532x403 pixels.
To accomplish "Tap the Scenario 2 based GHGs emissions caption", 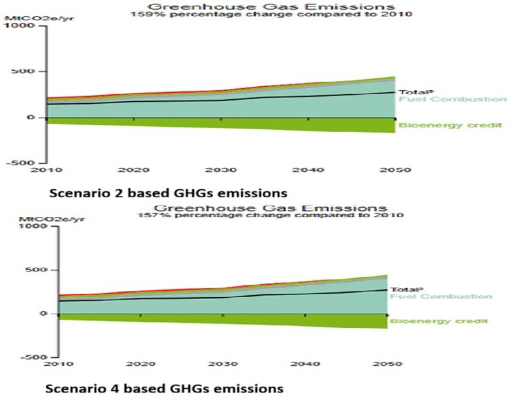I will (168, 193).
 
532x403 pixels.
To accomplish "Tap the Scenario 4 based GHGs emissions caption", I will (164, 389).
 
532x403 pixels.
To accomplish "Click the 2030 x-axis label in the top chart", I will (220, 170).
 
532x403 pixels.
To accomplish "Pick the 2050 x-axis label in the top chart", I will (394, 170).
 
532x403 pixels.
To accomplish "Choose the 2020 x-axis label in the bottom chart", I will (141, 363).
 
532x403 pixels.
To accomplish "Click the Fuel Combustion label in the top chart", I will (452, 100).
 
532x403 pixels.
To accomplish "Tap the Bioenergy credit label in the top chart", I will (451, 125).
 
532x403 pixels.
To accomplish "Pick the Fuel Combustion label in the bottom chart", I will (441, 297).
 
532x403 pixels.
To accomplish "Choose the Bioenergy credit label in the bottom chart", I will (439, 321).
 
